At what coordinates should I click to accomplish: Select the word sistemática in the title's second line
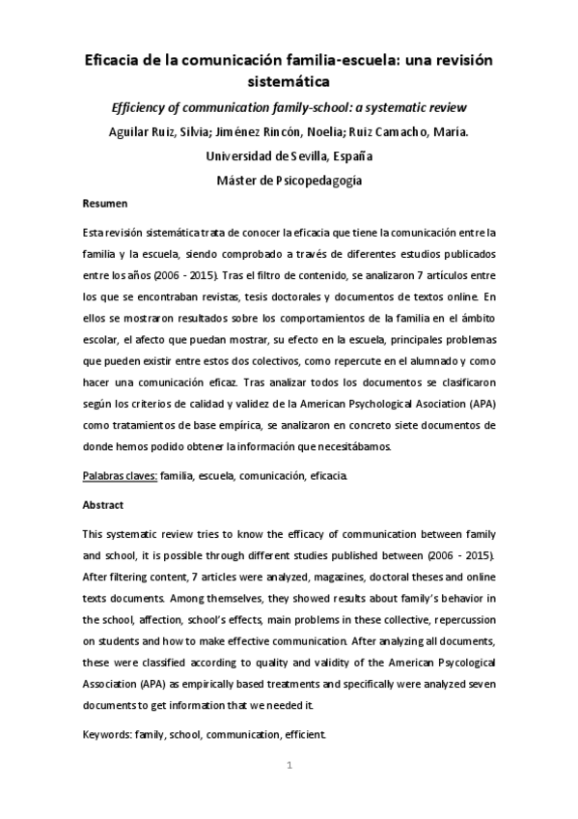click(x=289, y=82)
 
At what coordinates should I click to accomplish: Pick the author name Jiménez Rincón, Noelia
click(x=288, y=131)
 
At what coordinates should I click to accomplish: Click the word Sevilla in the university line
click(x=299, y=155)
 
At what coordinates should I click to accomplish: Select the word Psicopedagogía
click(x=323, y=179)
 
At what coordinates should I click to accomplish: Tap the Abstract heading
click(x=104, y=504)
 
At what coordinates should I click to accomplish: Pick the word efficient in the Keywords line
click(x=306, y=735)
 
